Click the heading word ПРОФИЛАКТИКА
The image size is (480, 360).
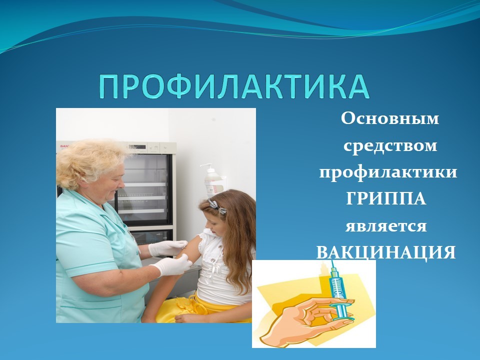[x=234, y=86]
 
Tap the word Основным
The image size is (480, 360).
[x=389, y=118]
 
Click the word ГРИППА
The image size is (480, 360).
[x=386, y=198]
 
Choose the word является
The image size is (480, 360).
[x=386, y=226]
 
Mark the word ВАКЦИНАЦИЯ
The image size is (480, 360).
[x=385, y=253]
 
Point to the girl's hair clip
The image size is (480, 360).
[x=217, y=206]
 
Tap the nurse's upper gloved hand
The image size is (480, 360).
[x=168, y=248]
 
